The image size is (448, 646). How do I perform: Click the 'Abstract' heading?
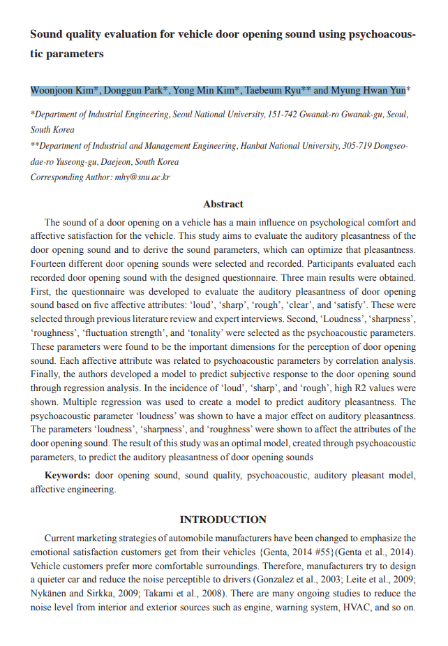coord(223,205)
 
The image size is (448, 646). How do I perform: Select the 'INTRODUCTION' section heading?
coord(223,520)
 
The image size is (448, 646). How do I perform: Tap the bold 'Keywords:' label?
coord(68,476)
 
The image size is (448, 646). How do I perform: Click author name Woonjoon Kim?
coord(65,91)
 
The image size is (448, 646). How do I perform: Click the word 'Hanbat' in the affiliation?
coord(254,146)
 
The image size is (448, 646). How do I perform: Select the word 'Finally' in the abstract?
coord(45,374)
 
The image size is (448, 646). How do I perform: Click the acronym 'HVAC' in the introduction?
coord(357,608)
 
